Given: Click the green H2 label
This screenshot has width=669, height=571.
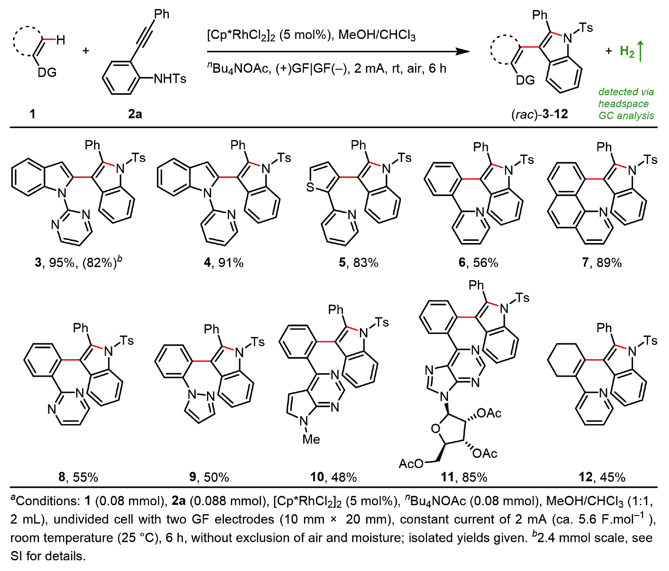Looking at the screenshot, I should tap(627, 52).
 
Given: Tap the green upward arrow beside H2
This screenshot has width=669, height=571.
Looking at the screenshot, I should tap(640, 50).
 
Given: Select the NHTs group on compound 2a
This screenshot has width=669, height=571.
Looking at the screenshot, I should tap(170, 79).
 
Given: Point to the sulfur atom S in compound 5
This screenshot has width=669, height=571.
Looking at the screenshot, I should tap(310, 187).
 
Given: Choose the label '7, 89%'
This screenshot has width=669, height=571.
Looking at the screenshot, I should tap(601, 262).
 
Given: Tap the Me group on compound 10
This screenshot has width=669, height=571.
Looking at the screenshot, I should tap(311, 439).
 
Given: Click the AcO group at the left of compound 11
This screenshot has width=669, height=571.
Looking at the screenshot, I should tap(411, 463).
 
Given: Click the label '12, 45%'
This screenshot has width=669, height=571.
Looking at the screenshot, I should tap(602, 477).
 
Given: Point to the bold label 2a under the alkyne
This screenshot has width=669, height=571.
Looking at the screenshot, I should tap(135, 114).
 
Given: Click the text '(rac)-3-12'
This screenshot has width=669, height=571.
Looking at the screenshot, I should tap(539, 114).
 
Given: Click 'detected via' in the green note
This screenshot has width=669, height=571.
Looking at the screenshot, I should tap(626, 92).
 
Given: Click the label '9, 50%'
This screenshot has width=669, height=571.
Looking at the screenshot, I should tap(209, 477).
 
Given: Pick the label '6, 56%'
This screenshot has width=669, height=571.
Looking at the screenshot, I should tap(478, 262).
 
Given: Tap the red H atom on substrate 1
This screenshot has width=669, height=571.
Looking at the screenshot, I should tap(61, 40).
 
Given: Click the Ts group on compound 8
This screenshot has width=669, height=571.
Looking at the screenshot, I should tap(127, 340).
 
